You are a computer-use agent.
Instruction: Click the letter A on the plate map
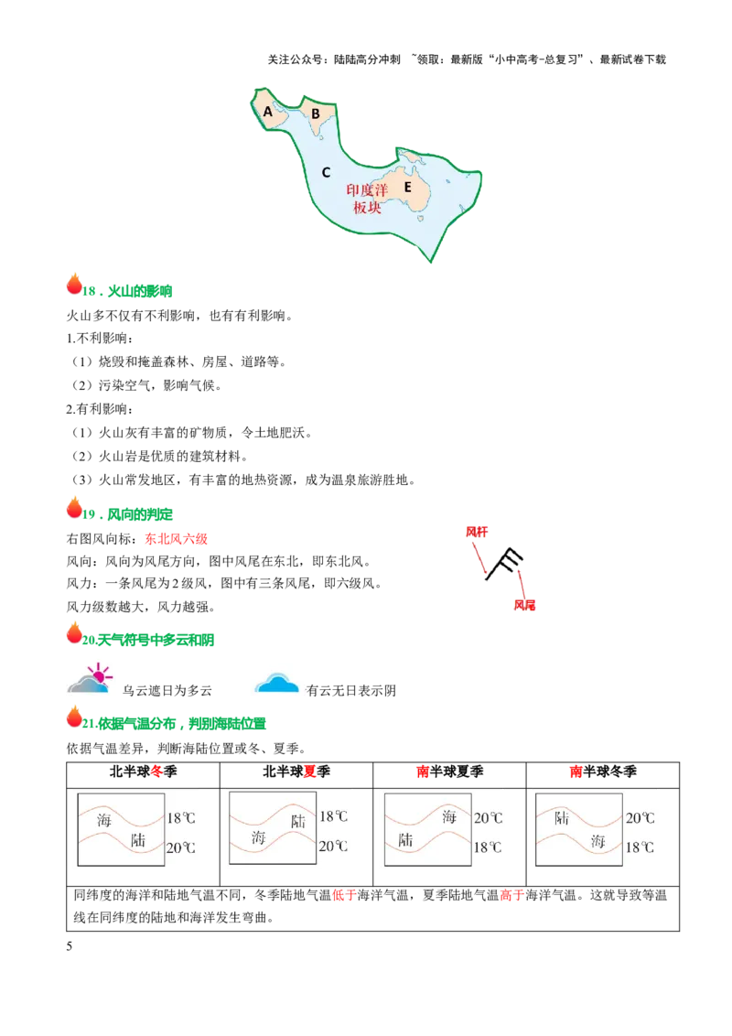267,112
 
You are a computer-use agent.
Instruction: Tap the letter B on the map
315,113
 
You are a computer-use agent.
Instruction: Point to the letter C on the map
326,172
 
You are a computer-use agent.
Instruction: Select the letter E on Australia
407,187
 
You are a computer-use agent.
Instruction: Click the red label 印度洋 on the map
367,190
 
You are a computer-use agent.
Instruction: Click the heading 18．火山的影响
127,291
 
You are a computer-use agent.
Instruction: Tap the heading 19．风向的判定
127,514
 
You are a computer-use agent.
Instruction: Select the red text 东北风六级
177,539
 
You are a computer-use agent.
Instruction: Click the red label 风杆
477,532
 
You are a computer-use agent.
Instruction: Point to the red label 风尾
524,605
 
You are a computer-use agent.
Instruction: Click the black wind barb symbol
504,564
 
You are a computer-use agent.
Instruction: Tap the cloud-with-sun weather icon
91,678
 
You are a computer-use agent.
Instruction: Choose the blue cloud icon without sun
277,683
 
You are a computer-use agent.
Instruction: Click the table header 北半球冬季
144,772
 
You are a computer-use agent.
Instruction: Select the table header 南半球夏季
450,772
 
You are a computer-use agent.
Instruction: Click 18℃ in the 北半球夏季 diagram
334,816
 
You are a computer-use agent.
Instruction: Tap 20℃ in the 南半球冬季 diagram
640,818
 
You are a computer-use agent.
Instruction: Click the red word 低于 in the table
344,896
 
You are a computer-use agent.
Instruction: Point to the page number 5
70,946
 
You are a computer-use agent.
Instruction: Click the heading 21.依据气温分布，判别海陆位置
174,724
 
